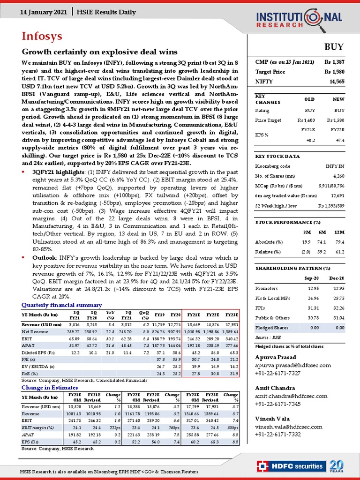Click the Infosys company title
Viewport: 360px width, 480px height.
click(x=42, y=36)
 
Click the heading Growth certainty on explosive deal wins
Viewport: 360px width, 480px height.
click(x=100, y=52)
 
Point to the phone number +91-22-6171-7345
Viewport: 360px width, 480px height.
click(x=278, y=404)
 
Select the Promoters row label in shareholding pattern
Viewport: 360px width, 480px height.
click(x=267, y=288)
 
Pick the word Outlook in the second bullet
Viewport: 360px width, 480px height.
click(x=45, y=257)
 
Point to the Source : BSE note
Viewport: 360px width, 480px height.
click(x=268, y=337)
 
